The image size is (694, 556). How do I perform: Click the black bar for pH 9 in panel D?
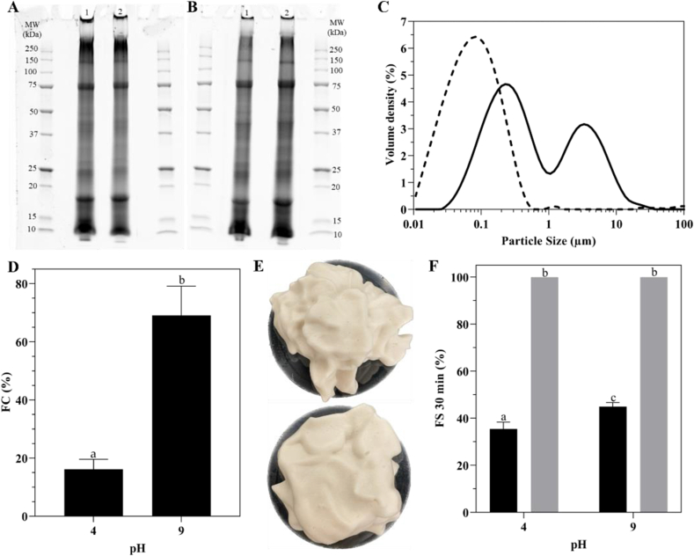click(x=181, y=415)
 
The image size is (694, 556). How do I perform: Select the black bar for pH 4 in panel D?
click(x=93, y=493)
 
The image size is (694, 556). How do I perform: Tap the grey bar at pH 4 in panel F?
click(x=544, y=395)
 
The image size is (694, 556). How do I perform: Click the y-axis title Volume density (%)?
click(x=390, y=114)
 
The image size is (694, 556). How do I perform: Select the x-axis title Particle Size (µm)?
click(x=548, y=241)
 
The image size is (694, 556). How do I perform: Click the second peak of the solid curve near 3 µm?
click(x=584, y=124)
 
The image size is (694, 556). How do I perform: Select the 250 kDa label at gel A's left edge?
click(x=33, y=48)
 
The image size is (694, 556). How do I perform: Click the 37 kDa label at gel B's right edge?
click(x=335, y=132)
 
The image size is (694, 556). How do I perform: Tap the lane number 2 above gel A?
click(x=119, y=12)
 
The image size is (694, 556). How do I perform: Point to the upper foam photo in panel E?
click(x=339, y=331)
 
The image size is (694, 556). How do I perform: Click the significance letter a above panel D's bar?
click(x=93, y=454)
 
